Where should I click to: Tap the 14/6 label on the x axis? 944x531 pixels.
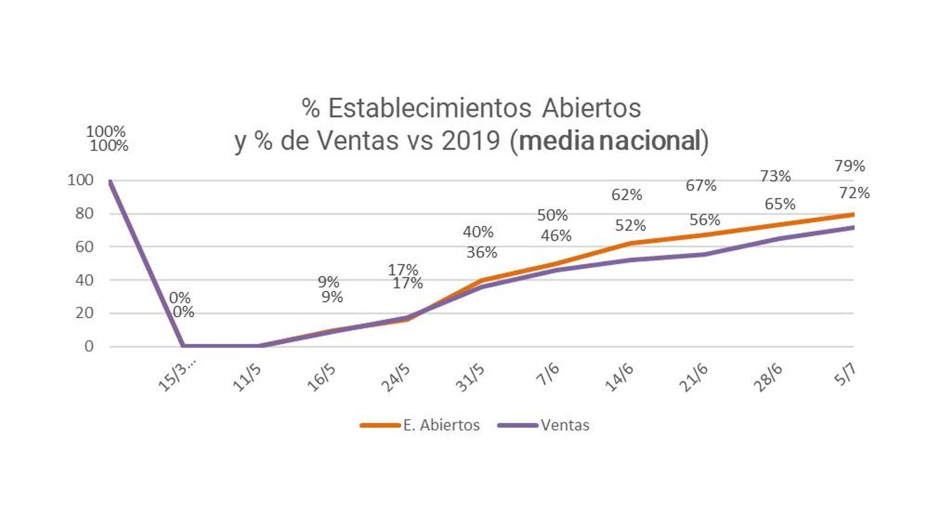pos(619,377)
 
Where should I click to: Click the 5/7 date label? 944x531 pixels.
pos(844,374)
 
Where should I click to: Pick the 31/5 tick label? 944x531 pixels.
pos(470,377)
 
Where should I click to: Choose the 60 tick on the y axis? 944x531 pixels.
pos(84,247)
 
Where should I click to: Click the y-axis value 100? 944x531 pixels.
pos(81,180)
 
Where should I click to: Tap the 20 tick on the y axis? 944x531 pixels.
pos(84,313)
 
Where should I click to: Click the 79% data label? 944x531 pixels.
pos(850,166)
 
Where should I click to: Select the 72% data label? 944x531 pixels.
pos(854,193)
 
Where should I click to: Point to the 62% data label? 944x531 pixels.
pos(627,195)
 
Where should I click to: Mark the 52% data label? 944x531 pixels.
pos(630,225)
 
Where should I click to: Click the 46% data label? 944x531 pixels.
pos(556,236)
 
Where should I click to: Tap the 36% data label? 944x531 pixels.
pos(481,253)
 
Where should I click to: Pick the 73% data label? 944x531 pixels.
pos(775,176)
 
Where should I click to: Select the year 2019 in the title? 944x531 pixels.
pos(471,141)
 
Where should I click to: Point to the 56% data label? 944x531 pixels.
pos(704,220)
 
